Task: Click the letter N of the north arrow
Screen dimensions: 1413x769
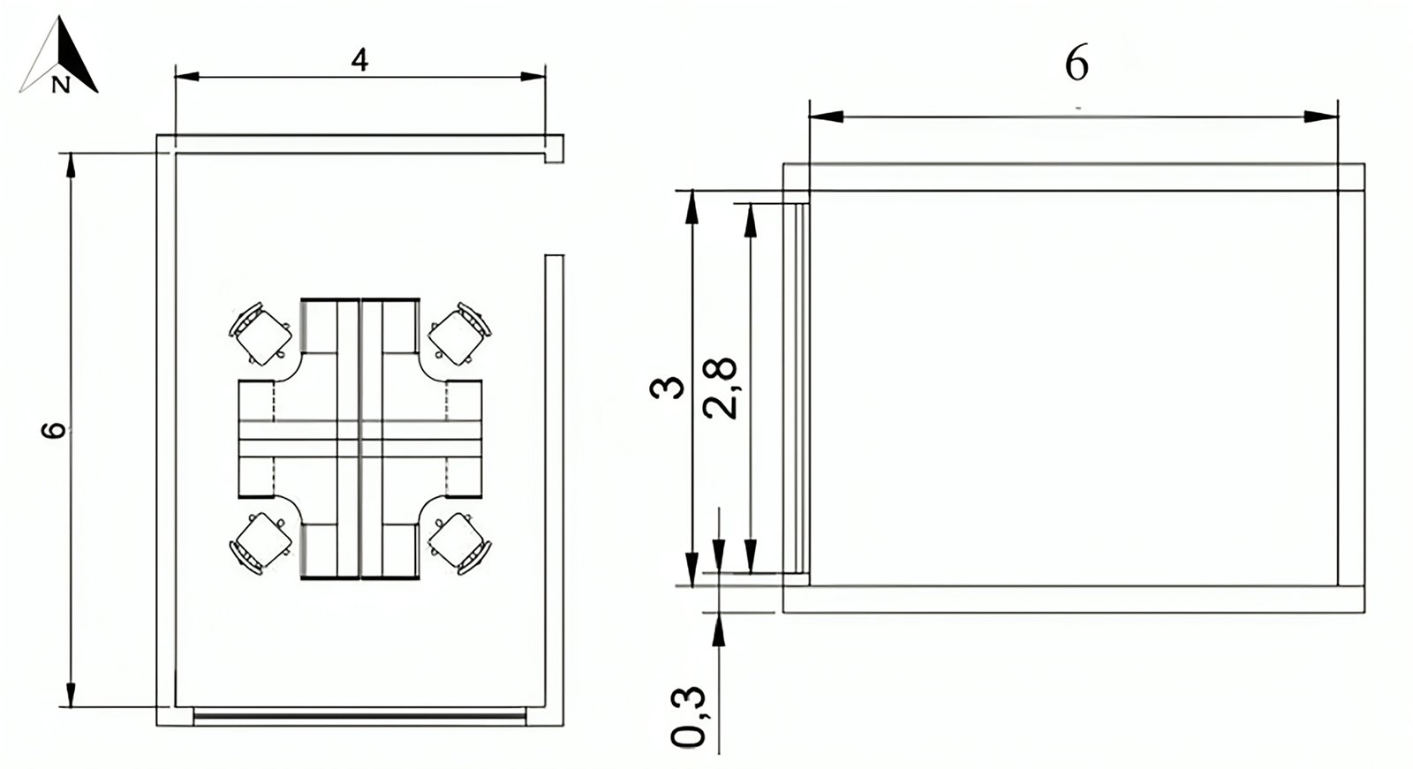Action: [61, 85]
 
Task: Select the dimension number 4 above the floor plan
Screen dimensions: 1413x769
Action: [359, 60]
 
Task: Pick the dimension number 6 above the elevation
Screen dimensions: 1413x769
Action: [1077, 64]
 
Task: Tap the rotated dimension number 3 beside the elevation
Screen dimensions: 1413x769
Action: [667, 388]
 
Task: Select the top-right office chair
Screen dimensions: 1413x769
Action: [460, 333]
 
